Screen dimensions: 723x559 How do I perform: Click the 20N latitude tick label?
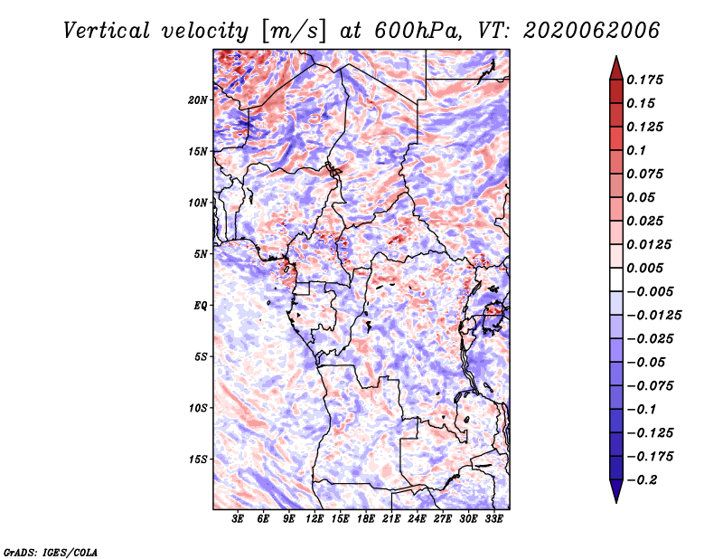[x=198, y=100]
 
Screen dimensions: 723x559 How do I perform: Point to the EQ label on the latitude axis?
[x=201, y=306]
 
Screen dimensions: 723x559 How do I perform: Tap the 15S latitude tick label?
[x=198, y=460]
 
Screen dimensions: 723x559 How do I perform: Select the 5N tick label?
[x=201, y=254]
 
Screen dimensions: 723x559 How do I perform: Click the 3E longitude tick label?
[x=238, y=519]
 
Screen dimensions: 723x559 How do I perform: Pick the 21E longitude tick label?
[x=391, y=519]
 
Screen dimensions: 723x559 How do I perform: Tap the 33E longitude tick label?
[x=493, y=519]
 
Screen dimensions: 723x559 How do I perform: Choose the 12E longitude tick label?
[x=315, y=519]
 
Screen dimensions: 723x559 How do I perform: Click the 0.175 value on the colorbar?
[x=644, y=80]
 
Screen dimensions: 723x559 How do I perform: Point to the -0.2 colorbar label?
[x=642, y=480]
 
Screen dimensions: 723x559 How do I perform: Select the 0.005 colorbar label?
[x=644, y=268]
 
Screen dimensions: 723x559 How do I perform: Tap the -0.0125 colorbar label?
[x=653, y=316]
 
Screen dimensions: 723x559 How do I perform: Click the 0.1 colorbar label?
[x=636, y=150]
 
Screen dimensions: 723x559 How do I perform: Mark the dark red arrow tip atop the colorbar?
[x=616, y=56]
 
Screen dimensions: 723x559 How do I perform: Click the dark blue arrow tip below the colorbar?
[x=616, y=502]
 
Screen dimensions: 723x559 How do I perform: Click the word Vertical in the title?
[x=107, y=31]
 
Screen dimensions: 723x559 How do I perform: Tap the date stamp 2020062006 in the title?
[x=592, y=31]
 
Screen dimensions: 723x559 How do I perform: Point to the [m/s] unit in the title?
[x=295, y=32]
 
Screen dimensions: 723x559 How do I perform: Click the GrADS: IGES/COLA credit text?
[x=51, y=553]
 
